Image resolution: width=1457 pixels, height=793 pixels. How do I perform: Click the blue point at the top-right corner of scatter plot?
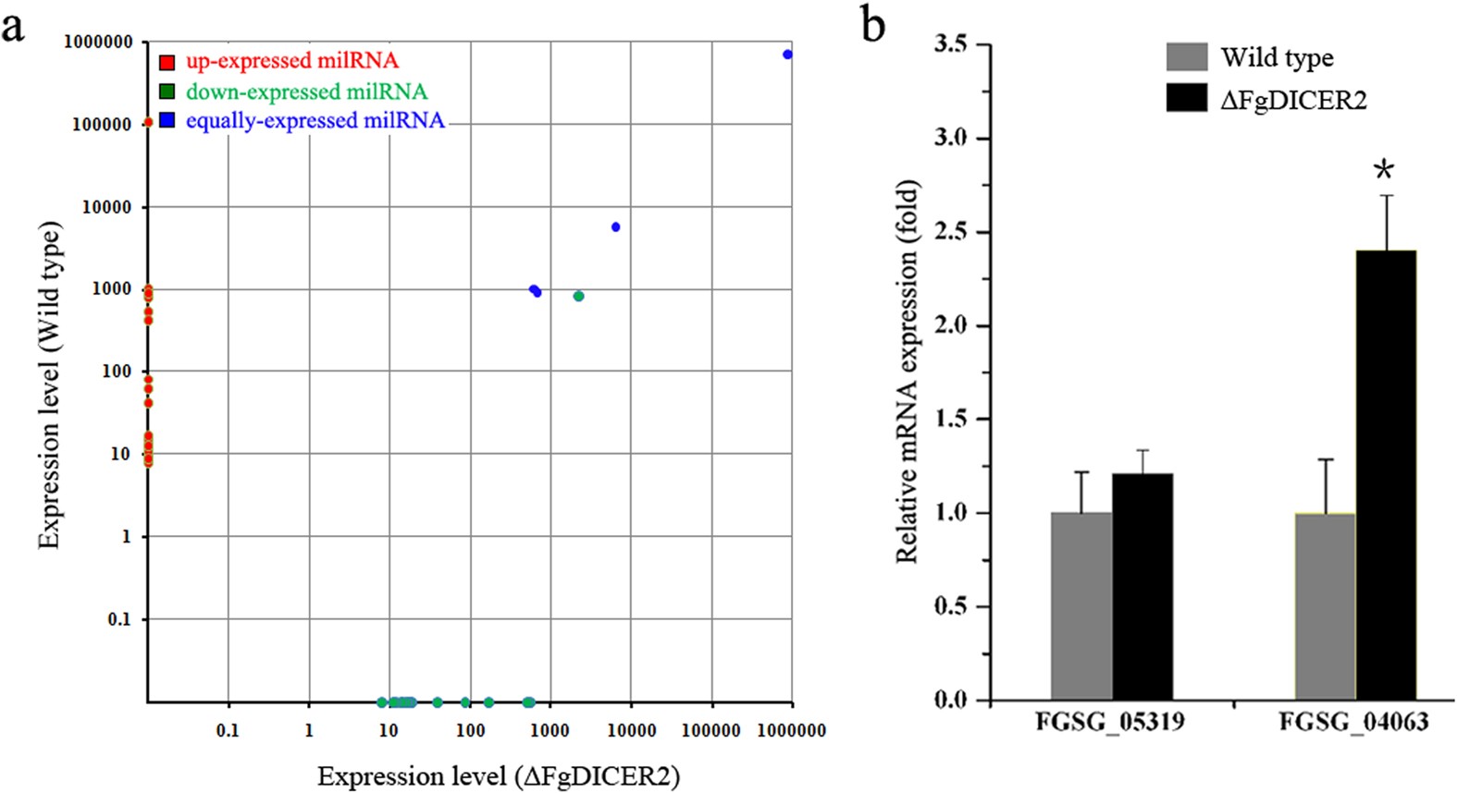787,55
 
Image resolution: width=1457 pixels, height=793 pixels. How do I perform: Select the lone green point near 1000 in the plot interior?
578,296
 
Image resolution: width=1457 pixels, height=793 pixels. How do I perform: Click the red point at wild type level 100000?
147,122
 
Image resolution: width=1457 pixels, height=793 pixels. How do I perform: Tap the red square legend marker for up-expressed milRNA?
167,62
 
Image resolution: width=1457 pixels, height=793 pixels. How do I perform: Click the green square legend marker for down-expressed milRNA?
167,91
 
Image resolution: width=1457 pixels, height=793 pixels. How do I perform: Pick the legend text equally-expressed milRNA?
315,120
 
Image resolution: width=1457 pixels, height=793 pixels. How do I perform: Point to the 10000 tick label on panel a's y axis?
106,207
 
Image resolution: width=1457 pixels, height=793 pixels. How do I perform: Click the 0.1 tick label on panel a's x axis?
228,730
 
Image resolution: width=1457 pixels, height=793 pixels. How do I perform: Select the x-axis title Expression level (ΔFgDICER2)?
499,775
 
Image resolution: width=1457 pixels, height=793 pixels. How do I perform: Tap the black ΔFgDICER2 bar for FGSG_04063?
1386,474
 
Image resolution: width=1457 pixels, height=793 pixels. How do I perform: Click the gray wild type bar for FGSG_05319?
1081,605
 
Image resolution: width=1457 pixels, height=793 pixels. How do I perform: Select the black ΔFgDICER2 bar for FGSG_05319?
1142,587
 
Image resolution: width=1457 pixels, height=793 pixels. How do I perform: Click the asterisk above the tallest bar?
1384,170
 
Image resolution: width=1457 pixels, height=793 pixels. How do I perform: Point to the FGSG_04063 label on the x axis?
1353,722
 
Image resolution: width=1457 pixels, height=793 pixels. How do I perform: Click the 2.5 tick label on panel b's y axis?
950,232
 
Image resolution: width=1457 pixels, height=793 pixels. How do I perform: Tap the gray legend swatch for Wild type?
1187,56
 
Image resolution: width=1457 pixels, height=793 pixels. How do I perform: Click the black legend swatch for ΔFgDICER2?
1187,98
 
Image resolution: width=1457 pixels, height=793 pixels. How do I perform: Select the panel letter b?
872,26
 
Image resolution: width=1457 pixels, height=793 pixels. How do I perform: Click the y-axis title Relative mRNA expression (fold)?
908,372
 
